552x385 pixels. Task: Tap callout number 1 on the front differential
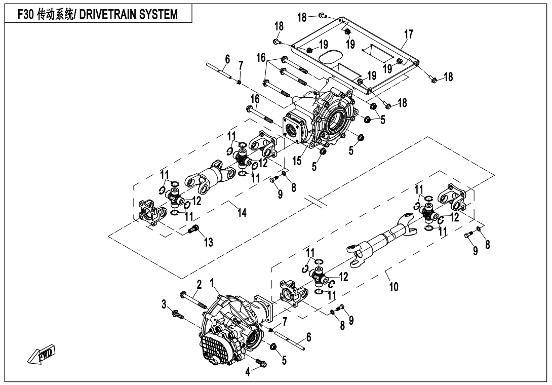[213, 282]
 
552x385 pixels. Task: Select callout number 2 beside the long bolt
[199, 285]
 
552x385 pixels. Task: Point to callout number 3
[164, 304]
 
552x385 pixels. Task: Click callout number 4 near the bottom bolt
[248, 371]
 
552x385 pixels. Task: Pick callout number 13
[208, 243]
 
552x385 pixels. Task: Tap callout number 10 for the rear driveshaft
[393, 287]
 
